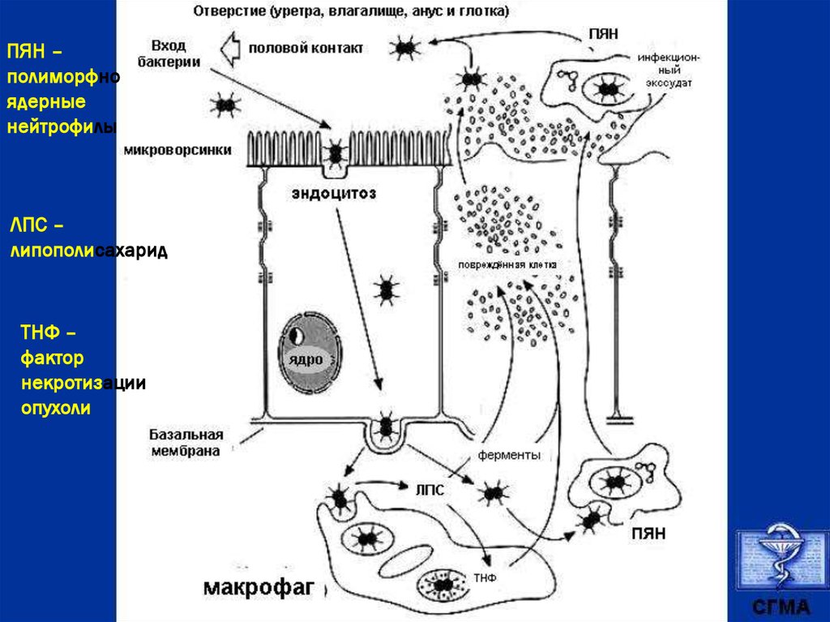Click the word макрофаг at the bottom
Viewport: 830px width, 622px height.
pyautogui.click(x=258, y=586)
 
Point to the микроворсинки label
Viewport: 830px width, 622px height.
pyautogui.click(x=178, y=150)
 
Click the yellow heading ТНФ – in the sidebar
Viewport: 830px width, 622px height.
pyautogui.click(x=49, y=333)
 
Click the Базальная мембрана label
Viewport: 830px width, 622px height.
pyautogui.click(x=186, y=442)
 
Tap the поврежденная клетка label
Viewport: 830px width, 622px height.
pyautogui.click(x=507, y=265)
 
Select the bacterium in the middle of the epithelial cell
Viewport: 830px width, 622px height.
pyautogui.click(x=387, y=288)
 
